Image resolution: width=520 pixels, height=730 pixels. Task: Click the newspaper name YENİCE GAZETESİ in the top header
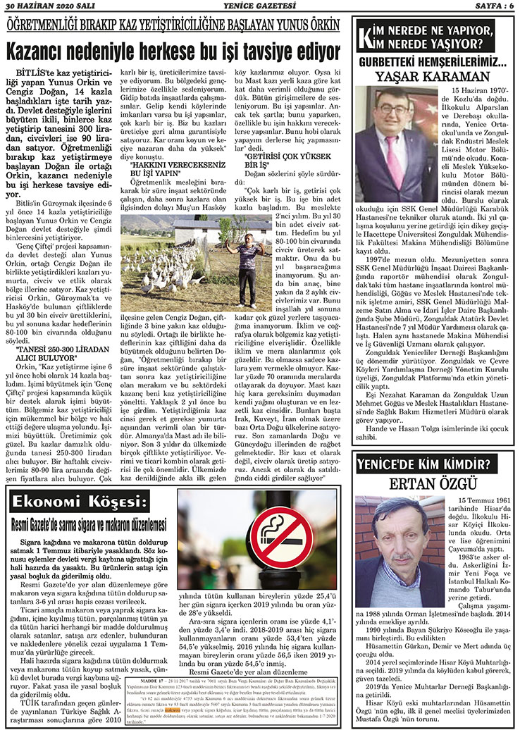click(259, 6)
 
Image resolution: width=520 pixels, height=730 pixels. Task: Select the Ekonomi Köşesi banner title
click(82, 502)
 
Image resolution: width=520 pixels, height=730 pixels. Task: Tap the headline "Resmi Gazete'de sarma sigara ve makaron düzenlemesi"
click(88, 525)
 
